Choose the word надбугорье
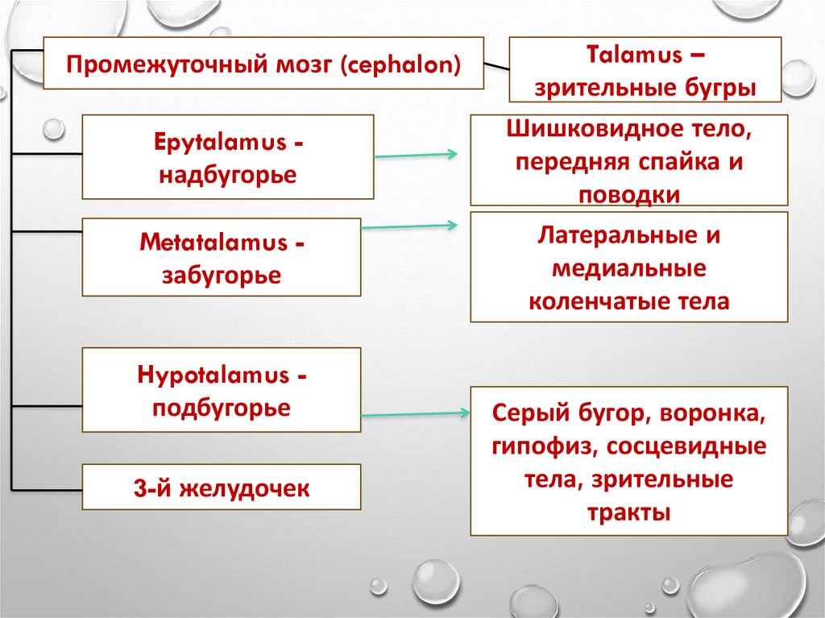(x=227, y=174)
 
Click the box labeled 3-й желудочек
(x=222, y=487)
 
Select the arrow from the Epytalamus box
(x=416, y=156)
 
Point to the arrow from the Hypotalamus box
(x=416, y=414)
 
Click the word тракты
(x=629, y=512)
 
